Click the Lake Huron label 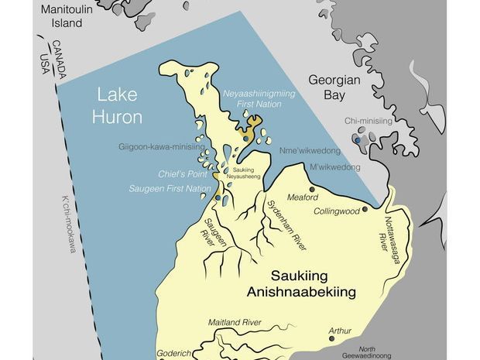[x=120, y=106]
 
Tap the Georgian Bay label [x=335, y=88]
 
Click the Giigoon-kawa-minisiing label [x=162, y=146]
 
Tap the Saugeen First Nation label [x=177, y=188]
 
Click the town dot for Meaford [x=312, y=188]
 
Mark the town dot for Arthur [x=332, y=328]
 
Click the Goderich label [x=176, y=350]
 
